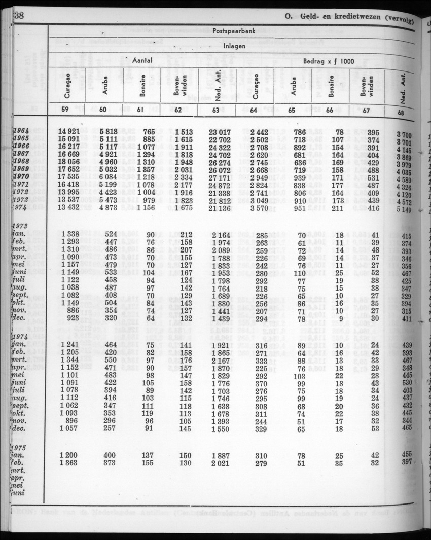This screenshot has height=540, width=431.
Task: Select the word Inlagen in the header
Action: pyautogui.click(x=233, y=46)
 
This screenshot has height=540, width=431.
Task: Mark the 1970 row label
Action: pyautogui.click(x=21, y=176)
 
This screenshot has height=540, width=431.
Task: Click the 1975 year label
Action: pyautogui.click(x=20, y=447)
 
